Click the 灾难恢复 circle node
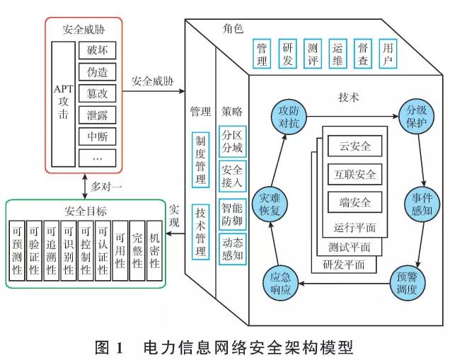[272, 202]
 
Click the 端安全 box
[354, 202]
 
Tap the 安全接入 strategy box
[231, 178]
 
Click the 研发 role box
[287, 53]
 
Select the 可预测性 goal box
[18, 252]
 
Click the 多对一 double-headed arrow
[85, 186]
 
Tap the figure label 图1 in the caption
[110, 347]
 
